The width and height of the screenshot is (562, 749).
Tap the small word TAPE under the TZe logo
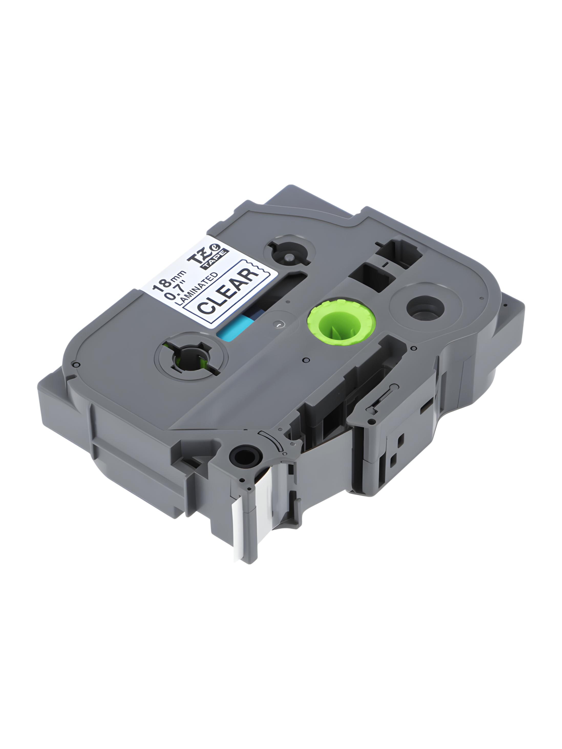pos(215,260)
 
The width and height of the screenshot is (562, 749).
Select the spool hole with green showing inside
pos(190,358)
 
